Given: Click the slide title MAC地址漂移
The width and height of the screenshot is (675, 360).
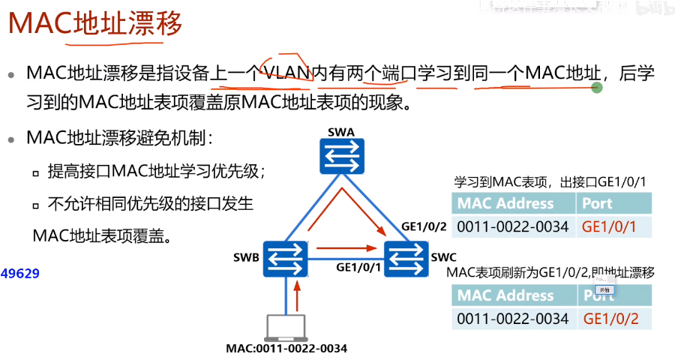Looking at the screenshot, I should click(95, 25).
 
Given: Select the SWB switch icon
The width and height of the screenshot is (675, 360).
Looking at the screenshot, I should click(286, 259).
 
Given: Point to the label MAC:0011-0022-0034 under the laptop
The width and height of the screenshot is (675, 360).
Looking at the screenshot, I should click(286, 349).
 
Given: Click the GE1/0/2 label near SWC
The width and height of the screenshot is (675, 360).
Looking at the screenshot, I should click(424, 226).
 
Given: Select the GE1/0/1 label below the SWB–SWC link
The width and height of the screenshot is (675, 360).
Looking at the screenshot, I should click(359, 266).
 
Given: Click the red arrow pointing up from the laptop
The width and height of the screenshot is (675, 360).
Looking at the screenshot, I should click(298, 295).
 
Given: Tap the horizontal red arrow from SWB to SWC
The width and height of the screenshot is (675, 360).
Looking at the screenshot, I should click(345, 247).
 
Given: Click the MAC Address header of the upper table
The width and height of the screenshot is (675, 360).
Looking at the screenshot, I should click(505, 203).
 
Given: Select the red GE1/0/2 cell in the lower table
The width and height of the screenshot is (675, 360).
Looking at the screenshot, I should click(611, 318).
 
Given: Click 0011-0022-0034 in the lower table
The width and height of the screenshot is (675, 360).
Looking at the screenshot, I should click(513, 318).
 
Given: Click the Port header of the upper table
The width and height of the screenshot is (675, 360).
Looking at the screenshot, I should click(597, 203).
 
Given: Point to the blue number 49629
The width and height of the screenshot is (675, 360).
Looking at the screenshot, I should click(20, 274).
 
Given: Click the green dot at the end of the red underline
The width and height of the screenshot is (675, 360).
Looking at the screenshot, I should click(597, 88).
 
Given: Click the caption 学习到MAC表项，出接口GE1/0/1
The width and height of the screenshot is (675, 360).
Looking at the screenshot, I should click(550, 182).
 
